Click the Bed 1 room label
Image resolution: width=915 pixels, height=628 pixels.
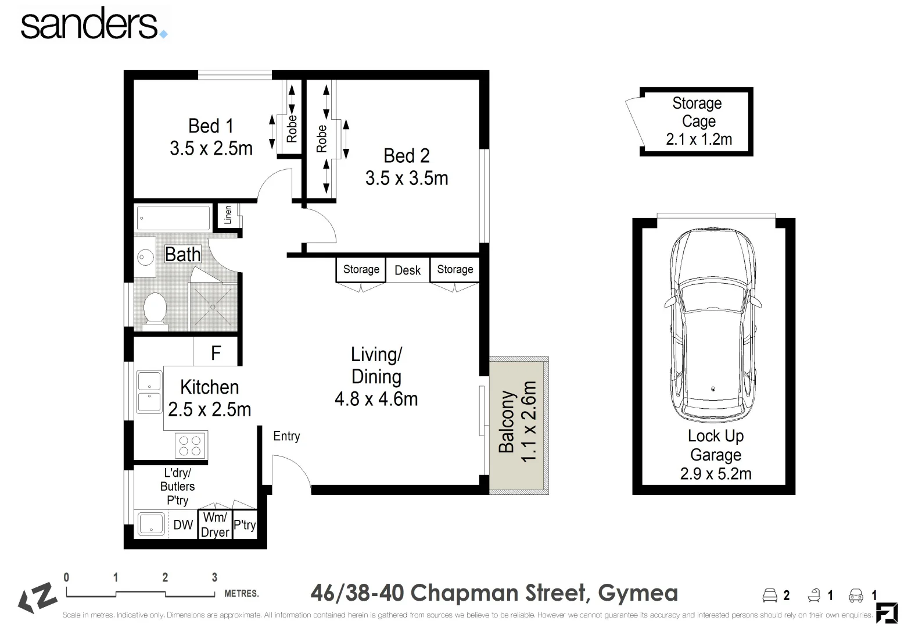point(210,126)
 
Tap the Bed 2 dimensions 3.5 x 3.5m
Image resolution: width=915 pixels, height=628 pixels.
point(407,178)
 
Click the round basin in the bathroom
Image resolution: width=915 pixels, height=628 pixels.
point(145,256)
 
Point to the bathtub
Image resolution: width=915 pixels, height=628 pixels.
point(173,219)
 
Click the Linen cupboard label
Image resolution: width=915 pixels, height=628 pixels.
point(228,215)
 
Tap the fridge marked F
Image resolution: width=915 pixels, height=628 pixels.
point(216,352)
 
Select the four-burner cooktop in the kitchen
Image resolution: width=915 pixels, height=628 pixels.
point(190,445)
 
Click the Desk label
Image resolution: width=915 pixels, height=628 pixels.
point(407,270)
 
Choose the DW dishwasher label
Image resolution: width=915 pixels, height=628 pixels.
point(183,524)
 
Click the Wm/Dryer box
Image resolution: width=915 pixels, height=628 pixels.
point(215,524)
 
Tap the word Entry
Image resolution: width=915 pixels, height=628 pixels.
point(286,436)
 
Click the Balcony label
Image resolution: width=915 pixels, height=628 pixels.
point(507,422)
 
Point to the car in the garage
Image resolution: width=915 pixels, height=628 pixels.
point(713,326)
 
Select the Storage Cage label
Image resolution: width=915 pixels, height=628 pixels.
point(697,112)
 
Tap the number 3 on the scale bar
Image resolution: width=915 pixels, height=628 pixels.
point(214,577)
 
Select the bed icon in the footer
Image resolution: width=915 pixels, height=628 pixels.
point(770,595)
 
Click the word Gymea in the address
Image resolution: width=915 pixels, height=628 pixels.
point(638,593)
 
